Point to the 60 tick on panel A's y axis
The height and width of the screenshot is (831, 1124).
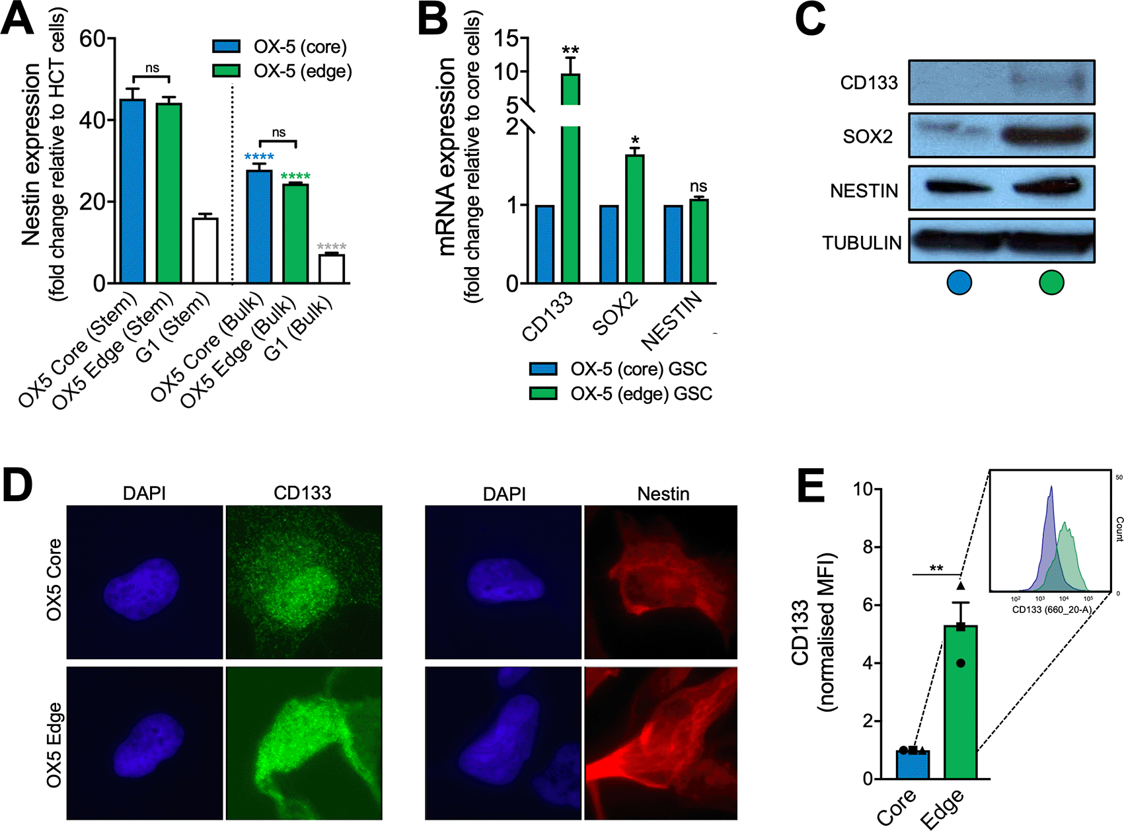pyautogui.click(x=93, y=39)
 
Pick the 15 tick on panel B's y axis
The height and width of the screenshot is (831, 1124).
pyautogui.click(x=507, y=39)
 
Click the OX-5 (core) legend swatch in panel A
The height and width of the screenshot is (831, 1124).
pyautogui.click(x=226, y=46)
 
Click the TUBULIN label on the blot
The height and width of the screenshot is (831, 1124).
pyautogui.click(x=862, y=243)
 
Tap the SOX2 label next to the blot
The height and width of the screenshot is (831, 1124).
pyautogui.click(x=868, y=137)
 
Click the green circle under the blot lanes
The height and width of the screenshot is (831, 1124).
pyautogui.click(x=1051, y=283)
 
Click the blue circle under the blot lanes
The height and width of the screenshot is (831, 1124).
pyautogui.click(x=959, y=283)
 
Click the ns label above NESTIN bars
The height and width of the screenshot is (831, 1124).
pyautogui.click(x=698, y=186)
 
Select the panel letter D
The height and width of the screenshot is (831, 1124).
pyautogui.click(x=18, y=485)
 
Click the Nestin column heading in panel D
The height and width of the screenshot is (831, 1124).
pyautogui.click(x=663, y=494)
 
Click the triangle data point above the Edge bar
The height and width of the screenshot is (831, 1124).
pyautogui.click(x=961, y=585)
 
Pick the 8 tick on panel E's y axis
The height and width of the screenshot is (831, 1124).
pyautogui.click(x=867, y=547)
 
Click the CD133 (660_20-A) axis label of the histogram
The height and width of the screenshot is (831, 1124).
pyautogui.click(x=1051, y=610)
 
